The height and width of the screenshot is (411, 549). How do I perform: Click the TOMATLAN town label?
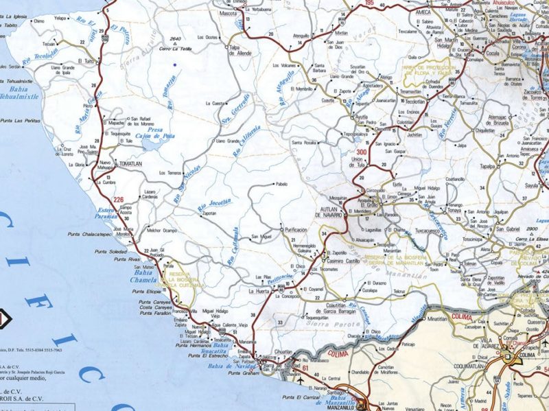131,165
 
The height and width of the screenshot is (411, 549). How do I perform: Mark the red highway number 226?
119,200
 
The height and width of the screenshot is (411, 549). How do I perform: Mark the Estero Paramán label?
108,212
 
